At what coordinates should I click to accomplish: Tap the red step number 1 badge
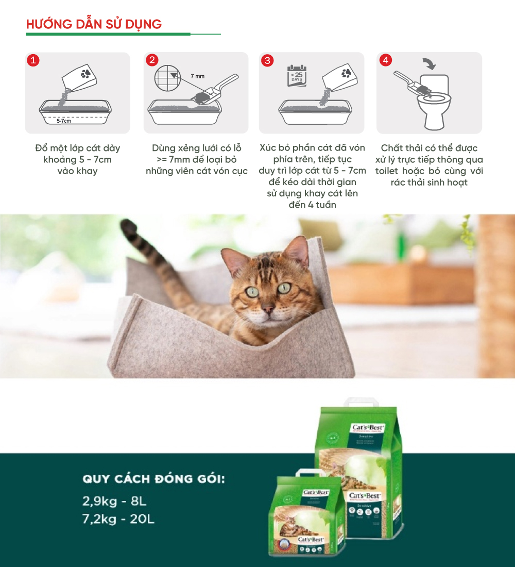pos(33,60)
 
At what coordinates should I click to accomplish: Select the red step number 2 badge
pos(151,60)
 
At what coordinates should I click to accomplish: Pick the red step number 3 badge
pos(267,60)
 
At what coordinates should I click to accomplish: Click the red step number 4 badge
pos(385,60)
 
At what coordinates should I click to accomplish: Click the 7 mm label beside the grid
pos(197,76)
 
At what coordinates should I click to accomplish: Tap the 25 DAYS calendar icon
pos(297,76)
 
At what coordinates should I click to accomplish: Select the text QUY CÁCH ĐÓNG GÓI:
pos(153,479)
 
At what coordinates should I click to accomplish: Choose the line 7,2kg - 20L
pos(118,519)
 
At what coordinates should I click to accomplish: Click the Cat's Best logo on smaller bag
pos(316,492)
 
